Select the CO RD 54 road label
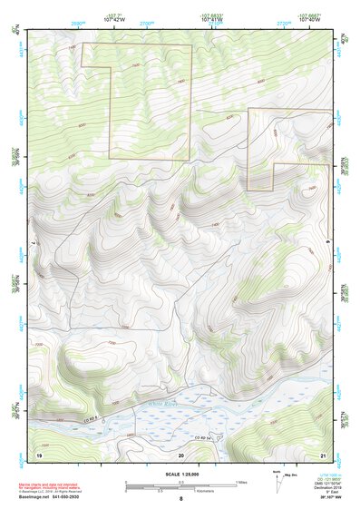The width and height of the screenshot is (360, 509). click(x=212, y=437)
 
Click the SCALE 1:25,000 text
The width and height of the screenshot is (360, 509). click(x=180, y=475)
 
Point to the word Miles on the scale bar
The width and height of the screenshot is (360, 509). click(x=241, y=482)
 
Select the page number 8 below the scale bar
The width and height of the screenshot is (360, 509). click(x=180, y=500)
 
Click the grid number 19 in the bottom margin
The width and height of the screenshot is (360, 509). click(x=39, y=453)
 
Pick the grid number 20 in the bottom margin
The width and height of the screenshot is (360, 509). click(x=180, y=453)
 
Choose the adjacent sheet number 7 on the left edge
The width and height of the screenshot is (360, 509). click(x=33, y=243)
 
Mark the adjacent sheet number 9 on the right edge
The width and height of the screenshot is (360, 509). click(x=327, y=243)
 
